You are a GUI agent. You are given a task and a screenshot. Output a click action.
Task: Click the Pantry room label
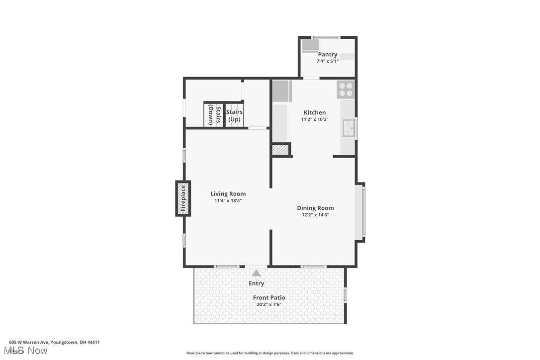[328, 54]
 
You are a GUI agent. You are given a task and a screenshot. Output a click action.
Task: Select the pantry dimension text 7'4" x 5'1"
[328, 61]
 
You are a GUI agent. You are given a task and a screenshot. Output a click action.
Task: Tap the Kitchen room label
[315, 112]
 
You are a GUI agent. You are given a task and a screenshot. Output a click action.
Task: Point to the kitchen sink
[349, 129]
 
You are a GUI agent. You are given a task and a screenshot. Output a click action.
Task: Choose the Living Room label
[228, 194]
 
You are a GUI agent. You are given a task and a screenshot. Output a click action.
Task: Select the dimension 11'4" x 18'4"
[228, 201]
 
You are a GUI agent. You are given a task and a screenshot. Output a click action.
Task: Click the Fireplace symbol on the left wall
[182, 198]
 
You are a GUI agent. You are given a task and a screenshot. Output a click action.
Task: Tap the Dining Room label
[315, 208]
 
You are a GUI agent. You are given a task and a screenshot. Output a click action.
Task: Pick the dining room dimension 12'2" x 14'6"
[315, 215]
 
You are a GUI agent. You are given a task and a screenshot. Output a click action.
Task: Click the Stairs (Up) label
[234, 115]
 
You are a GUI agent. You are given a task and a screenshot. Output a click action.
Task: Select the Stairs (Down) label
[214, 114]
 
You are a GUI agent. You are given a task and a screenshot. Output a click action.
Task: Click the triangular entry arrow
[256, 273]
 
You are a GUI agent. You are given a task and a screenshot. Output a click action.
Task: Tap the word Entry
[257, 283]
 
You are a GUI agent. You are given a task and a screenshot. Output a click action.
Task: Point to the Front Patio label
[269, 297]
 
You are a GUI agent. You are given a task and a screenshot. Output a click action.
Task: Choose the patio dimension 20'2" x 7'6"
[269, 304]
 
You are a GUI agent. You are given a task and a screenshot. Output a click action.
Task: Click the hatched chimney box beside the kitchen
[280, 150]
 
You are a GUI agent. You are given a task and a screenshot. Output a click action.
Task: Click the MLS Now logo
[28, 351]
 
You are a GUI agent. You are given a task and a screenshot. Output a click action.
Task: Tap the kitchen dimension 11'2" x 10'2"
[315, 119]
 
